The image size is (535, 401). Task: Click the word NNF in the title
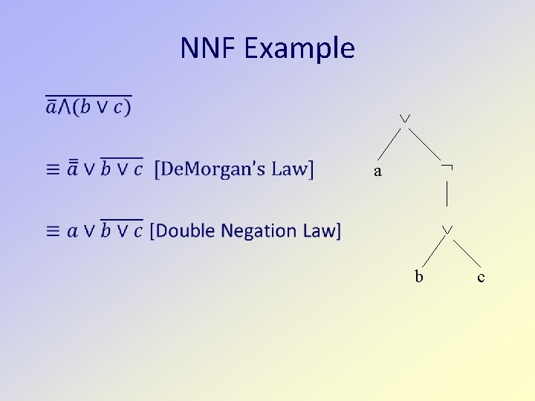point(208,49)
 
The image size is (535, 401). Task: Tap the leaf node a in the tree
point(377,172)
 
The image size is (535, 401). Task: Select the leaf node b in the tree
point(419,277)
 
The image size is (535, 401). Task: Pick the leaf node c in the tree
point(481,278)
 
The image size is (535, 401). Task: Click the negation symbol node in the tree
point(447,170)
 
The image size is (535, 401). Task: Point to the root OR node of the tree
point(404,119)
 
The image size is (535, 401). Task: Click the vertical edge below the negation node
point(447,193)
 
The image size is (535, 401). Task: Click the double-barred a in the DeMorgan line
point(72,169)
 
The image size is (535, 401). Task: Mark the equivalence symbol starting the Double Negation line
point(52,232)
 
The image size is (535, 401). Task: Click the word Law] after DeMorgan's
point(292,169)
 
